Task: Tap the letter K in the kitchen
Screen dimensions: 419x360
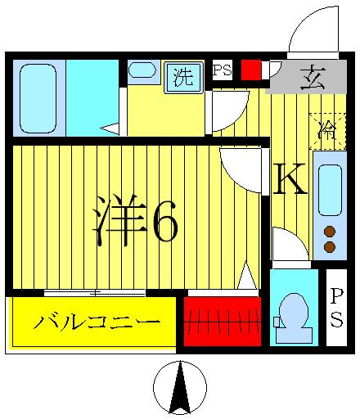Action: [x=289, y=180]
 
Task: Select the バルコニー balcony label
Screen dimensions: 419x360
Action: [x=97, y=322]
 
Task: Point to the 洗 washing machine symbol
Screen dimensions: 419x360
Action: [x=183, y=77]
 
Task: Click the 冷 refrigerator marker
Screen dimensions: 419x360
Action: [x=326, y=128]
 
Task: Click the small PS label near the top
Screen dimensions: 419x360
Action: [x=222, y=70]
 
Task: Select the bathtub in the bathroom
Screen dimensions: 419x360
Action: [x=38, y=98]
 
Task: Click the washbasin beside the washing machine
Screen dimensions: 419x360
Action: [x=142, y=70]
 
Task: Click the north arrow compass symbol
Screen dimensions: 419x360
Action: [x=180, y=388]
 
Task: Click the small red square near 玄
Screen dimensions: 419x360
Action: [x=250, y=70]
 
